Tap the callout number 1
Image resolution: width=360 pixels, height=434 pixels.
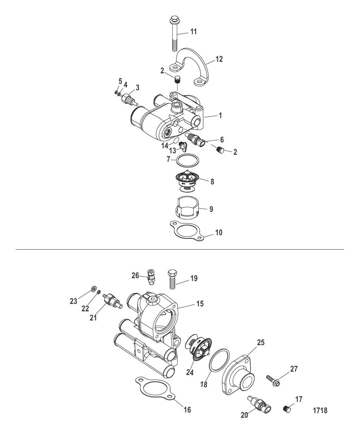(x=220, y=115)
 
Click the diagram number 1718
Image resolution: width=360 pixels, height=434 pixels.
(x=320, y=410)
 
